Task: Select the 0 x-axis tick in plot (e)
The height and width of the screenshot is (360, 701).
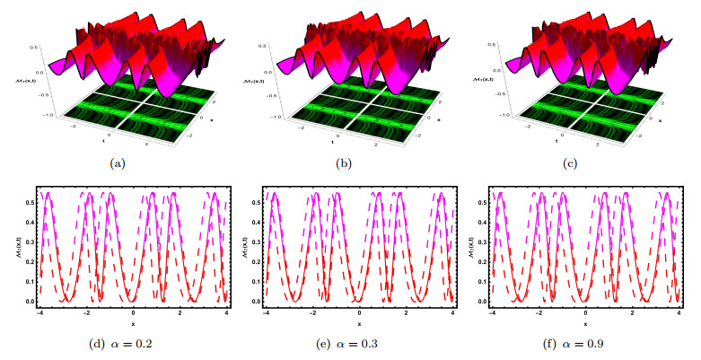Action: point(360,312)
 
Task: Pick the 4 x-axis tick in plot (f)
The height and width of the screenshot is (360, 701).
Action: point(679,312)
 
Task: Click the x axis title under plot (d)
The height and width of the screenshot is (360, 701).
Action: point(134,321)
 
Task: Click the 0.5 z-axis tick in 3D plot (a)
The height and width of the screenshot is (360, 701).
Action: point(34,45)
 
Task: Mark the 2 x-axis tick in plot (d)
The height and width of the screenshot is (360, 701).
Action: point(180,312)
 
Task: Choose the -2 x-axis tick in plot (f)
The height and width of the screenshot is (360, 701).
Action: point(539,312)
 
